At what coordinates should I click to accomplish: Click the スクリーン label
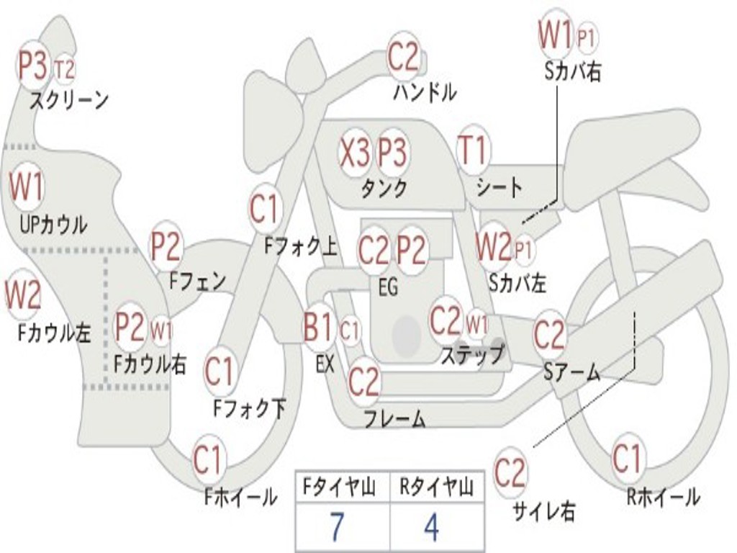tap(69, 99)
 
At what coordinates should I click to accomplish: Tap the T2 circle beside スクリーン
tap(65, 70)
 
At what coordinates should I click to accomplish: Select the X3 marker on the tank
tap(355, 153)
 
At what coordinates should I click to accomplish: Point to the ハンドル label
tap(425, 92)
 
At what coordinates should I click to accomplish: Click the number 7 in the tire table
tap(337, 526)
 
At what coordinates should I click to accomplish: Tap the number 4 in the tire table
tap(431, 526)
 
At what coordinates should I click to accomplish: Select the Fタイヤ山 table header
tap(340, 487)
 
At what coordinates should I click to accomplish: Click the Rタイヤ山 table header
tap(435, 487)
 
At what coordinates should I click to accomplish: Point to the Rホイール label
tap(663, 497)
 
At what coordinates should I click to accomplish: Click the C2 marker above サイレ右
tap(510, 472)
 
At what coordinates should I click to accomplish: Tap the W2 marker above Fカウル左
tap(22, 295)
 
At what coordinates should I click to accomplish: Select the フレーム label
tap(394, 418)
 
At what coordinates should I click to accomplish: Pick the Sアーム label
tap(571, 372)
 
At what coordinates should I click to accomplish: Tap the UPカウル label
tap(53, 225)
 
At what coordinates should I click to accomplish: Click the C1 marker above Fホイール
tap(208, 459)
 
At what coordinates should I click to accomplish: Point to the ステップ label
tap(472, 354)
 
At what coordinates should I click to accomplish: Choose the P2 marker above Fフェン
tap(165, 246)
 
